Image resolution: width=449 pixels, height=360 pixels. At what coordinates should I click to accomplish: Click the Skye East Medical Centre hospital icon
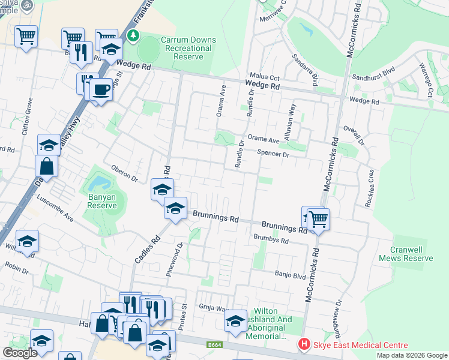pyautogui.click(x=304, y=345)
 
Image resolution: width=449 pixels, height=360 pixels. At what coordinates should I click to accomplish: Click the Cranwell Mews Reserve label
pyautogui.click(x=406, y=254)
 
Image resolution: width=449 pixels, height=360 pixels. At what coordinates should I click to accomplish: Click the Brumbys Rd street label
pyautogui.click(x=271, y=241)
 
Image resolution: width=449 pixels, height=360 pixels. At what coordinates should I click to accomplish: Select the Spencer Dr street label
pyautogui.click(x=273, y=154)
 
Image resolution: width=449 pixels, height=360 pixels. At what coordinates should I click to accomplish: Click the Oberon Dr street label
pyautogui.click(x=125, y=174)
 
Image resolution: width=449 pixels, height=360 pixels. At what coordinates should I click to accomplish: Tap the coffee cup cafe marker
pyautogui.click(x=101, y=89)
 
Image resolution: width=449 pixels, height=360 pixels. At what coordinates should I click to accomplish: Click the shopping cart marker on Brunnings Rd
pyautogui.click(x=319, y=218)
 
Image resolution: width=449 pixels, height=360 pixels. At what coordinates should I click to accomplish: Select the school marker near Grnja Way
pyautogui.click(x=235, y=320)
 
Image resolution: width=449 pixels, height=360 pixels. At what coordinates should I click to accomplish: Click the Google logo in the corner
pyautogui.click(x=19, y=353)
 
